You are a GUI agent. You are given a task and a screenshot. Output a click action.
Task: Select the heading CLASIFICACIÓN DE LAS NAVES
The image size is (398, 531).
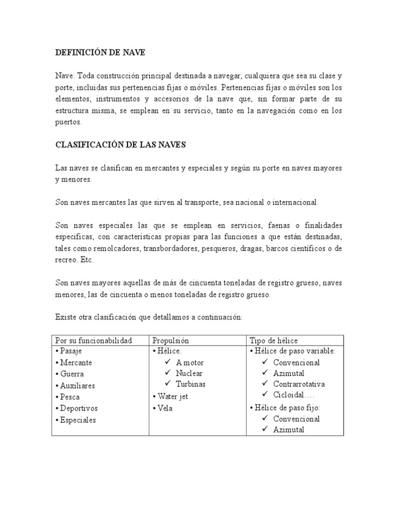[120, 146]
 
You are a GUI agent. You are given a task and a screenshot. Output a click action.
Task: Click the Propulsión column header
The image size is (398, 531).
[170, 340]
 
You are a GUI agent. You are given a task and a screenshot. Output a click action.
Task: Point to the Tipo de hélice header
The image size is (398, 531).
[274, 340]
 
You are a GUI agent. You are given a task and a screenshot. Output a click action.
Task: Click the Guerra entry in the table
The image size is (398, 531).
[72, 374]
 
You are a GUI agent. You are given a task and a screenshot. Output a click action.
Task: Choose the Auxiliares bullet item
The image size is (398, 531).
[77, 386]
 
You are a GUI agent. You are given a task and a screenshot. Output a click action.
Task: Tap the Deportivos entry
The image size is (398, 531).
[78, 409]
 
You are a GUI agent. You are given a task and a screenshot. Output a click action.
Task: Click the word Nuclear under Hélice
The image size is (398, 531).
[189, 373]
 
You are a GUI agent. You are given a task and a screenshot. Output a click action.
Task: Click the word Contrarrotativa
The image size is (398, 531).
[299, 384]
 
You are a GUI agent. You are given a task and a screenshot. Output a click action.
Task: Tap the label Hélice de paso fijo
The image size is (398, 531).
[287, 407]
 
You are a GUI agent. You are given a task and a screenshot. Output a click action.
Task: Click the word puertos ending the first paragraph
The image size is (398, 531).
[68, 123]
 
